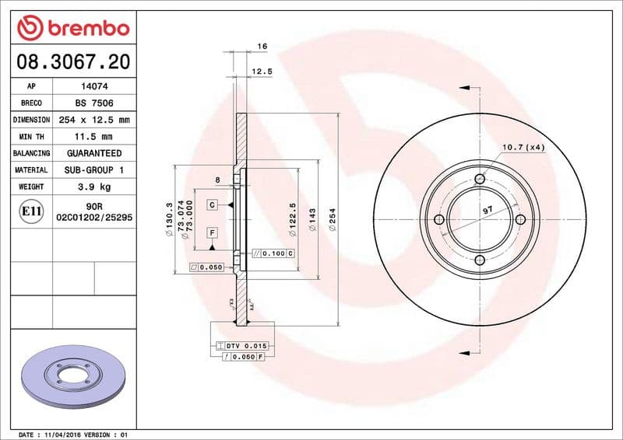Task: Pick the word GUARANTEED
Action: click(x=93, y=153)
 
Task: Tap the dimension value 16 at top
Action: click(x=262, y=47)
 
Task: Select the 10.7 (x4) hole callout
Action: click(x=523, y=146)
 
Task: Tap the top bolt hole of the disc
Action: click(x=480, y=180)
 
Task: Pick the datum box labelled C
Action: click(x=211, y=204)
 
